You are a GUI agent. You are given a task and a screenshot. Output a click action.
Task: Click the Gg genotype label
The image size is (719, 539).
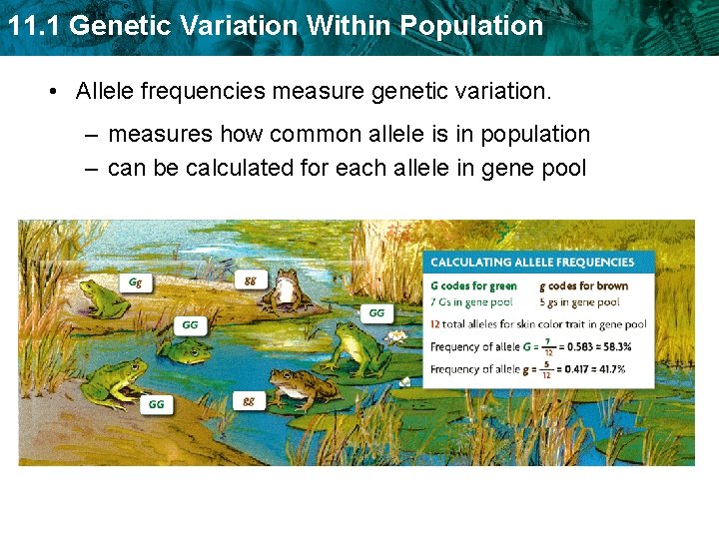pos(135,282)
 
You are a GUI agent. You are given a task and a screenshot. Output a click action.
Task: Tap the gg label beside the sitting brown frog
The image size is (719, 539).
pos(250,280)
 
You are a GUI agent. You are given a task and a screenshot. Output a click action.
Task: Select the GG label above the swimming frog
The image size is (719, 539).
pos(190,324)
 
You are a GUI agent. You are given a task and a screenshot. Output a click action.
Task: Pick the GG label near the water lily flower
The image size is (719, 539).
pos(376,312)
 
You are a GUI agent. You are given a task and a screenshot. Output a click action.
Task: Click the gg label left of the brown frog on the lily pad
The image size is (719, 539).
pos(249,400)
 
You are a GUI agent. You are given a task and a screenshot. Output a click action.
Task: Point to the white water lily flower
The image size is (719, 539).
pos(399,338)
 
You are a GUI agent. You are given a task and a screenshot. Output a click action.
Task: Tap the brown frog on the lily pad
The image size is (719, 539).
pos(305,387)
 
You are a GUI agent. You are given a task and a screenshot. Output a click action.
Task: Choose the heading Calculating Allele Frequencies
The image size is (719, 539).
pos(531,263)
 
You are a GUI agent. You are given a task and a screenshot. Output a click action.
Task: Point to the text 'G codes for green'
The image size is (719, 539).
pos(473,286)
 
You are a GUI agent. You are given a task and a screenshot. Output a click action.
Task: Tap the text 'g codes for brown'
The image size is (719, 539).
pos(583,286)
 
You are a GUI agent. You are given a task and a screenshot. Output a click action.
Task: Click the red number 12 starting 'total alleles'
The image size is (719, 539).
pos(435,324)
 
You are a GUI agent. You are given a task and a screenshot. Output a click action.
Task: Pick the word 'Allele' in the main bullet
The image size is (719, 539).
pos(105,92)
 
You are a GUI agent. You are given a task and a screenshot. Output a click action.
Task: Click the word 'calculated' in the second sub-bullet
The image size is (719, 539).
pos(237,168)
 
